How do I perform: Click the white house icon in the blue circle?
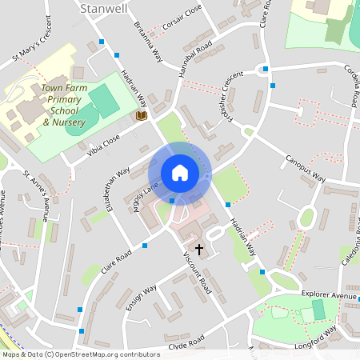[x=180, y=173]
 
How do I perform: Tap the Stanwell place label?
[x=103, y=7]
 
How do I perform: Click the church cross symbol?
[x=198, y=250]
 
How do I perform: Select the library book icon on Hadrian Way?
[x=142, y=116]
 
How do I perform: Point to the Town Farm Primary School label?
[x=61, y=105]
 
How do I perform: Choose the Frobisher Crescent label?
[x=227, y=95]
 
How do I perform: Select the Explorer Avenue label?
[x=328, y=295]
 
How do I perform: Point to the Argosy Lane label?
[x=146, y=194]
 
